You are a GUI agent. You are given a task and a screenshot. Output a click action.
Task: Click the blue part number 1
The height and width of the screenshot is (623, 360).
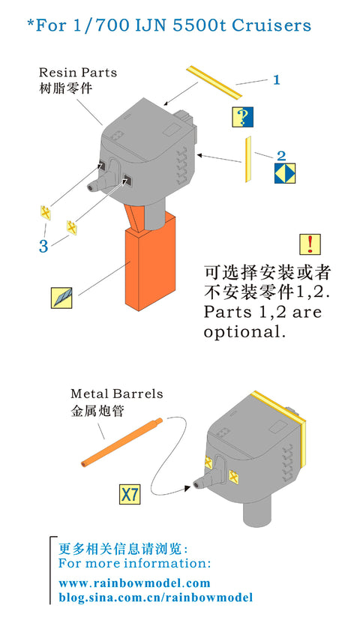277,80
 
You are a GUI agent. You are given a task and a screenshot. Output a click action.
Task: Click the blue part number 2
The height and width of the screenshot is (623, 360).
281,156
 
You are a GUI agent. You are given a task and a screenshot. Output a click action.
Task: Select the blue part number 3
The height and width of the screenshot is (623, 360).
43,247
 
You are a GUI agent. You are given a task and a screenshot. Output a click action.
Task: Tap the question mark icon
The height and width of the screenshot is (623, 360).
242,117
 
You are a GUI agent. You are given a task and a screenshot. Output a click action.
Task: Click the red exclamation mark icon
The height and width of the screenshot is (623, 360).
310,244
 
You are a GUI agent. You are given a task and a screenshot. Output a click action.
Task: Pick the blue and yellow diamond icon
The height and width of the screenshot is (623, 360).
285,173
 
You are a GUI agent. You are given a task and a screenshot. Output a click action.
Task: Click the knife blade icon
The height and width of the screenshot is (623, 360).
62,298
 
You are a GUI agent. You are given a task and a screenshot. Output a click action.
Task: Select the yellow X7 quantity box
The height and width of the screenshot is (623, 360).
130,494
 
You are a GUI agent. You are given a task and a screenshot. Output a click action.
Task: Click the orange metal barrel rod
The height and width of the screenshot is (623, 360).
121,442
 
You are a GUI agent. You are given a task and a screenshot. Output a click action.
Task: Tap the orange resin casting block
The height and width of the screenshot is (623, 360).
150,264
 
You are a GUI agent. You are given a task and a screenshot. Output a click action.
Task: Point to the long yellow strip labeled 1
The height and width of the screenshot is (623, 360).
214,82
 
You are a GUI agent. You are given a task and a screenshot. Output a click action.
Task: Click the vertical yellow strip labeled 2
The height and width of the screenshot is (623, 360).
248,160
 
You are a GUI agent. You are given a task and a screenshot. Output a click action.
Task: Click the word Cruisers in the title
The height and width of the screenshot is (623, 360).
271,25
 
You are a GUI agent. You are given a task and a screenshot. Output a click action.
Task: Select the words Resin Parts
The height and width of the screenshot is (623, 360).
78,73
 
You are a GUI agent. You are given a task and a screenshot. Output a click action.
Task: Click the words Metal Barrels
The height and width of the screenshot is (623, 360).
117,394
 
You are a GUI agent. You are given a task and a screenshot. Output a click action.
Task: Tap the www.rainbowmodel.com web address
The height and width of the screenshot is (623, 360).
134,583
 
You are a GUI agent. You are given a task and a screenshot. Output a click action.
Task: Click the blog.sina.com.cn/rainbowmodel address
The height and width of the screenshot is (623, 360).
155,598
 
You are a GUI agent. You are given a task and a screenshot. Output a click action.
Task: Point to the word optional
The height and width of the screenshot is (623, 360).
244,332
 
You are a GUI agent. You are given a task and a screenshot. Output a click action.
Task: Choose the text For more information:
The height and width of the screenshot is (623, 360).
134,563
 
